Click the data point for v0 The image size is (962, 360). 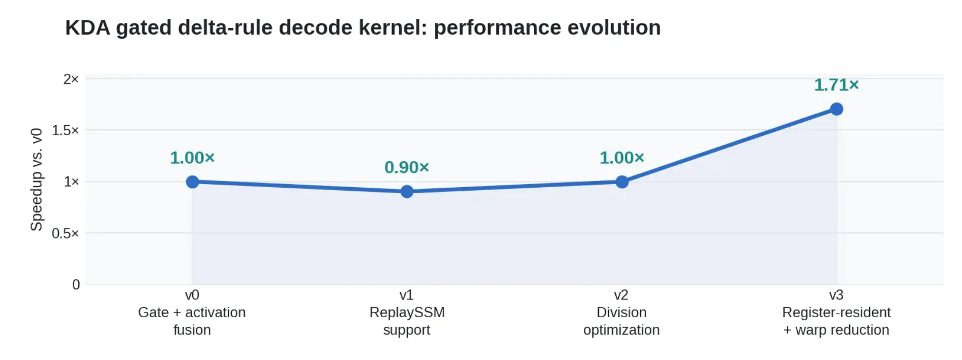coord(192,182)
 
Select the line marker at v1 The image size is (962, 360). coord(407,192)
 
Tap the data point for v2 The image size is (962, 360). coord(622,182)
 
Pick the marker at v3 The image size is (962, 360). coord(836,109)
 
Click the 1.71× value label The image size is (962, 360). coord(836,85)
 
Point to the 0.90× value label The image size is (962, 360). coord(407,167)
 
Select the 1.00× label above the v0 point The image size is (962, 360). coord(192,158)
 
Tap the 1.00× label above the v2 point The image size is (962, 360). coord(622,158)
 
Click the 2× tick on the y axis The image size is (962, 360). coord(71,79)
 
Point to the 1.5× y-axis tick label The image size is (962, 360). coord(66,130)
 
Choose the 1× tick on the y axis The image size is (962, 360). coord(71,182)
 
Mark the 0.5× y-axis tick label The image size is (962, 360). coord(66,233)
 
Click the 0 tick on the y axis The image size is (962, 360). coord(76,285)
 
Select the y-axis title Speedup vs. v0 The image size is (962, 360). coord(37,179)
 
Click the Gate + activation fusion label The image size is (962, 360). coord(192,321)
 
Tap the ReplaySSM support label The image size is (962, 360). coord(407,321)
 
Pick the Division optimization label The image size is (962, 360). coord(621,321)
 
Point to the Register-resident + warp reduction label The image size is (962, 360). coord(836,321)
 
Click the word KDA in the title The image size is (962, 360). coord(87,27)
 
